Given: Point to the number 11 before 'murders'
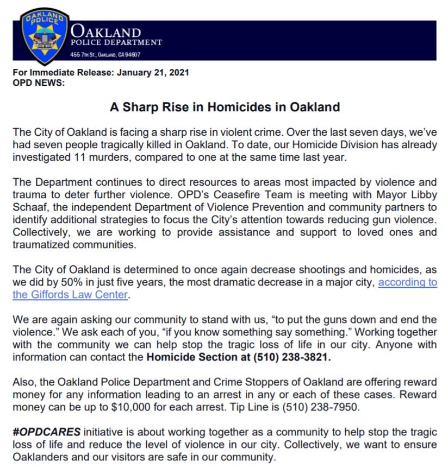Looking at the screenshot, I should coord(79,157).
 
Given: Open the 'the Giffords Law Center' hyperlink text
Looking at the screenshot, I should coord(70,295).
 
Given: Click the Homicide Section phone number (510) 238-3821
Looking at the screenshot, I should coord(293,358).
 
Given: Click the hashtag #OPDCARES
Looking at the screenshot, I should coord(47,432).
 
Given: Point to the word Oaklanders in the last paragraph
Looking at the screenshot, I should coord(41,457).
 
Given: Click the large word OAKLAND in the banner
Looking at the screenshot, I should coord(106,32).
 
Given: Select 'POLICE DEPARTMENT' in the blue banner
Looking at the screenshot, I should coord(116,42).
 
